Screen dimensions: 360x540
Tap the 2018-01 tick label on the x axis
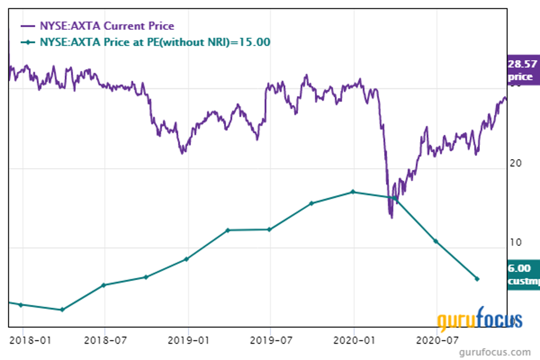coord(23,340)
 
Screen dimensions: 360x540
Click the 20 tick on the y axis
coord(515,163)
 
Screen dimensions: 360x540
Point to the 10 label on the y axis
coord(515,242)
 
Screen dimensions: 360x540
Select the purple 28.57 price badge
coord(523,70)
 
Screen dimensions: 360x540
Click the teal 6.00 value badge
coord(523,274)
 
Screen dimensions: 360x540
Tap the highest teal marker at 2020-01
coord(353,192)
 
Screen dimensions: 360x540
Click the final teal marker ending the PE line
coord(477,279)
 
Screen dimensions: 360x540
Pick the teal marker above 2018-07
coord(103,285)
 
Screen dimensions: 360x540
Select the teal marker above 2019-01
coord(186,259)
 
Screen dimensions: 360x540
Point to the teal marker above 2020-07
coord(435,241)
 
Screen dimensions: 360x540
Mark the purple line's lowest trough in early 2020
coord(391,217)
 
